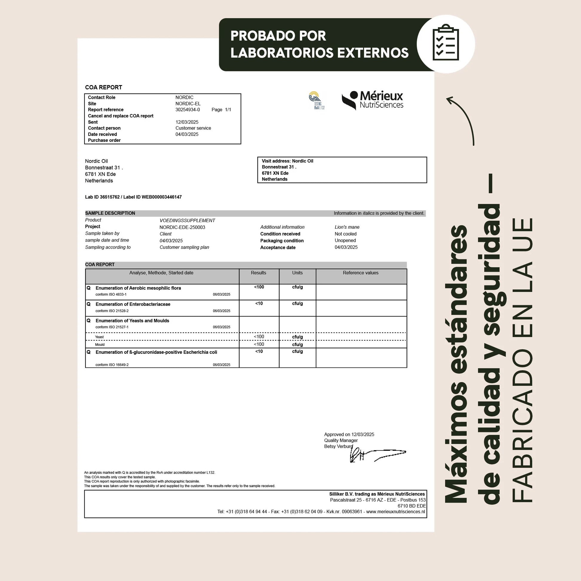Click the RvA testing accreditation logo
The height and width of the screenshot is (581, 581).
(x=317, y=100)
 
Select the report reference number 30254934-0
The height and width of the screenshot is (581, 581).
(x=187, y=110)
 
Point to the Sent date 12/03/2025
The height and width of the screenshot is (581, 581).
(x=187, y=122)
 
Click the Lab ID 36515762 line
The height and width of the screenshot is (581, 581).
(x=133, y=197)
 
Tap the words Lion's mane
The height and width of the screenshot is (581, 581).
(x=347, y=227)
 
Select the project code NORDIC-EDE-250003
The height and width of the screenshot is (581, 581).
(x=182, y=227)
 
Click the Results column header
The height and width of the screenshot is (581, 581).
(x=258, y=273)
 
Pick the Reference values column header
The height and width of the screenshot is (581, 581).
(x=360, y=273)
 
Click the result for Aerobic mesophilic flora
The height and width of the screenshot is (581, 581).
(x=259, y=287)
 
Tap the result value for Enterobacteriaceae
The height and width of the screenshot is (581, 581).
(x=259, y=303)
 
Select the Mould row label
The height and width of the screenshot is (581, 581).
(x=100, y=345)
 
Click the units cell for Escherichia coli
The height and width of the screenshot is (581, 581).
(x=297, y=351)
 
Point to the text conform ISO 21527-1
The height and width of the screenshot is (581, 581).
(x=112, y=327)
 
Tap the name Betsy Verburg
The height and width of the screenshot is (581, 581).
(x=338, y=447)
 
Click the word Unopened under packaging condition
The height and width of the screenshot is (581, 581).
(x=345, y=241)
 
